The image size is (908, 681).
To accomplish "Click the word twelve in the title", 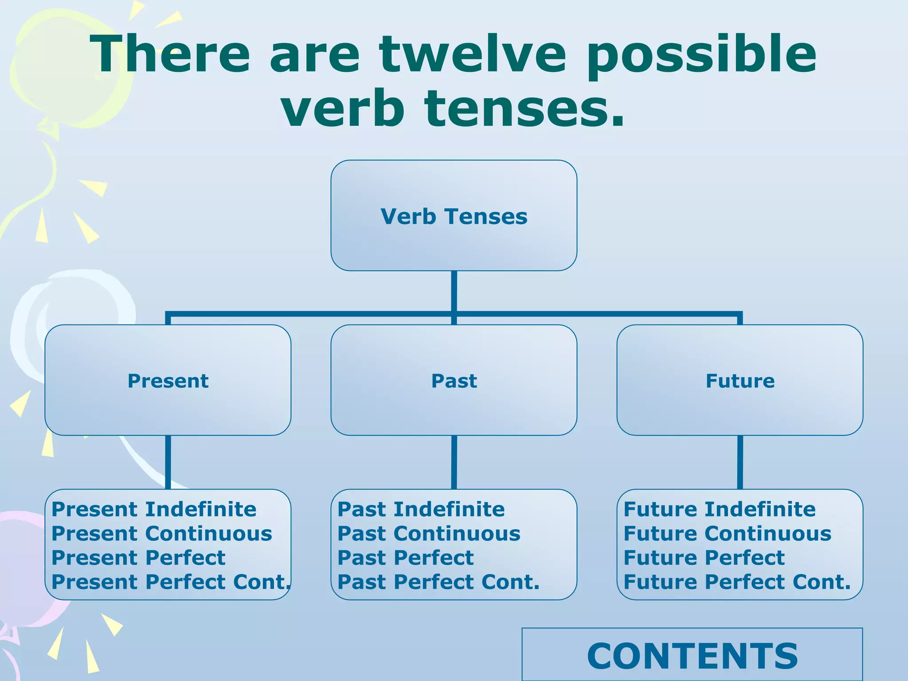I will coord(473,54).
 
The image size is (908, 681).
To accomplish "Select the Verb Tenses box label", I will coord(454,216).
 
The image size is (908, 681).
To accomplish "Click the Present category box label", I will coord(168,381).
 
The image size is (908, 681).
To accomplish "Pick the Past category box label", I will coord(454,381).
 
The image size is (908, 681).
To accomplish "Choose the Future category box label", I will coord(740,381).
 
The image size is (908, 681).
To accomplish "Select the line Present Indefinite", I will coord(154,509).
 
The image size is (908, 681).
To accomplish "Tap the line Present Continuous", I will coord(162,533).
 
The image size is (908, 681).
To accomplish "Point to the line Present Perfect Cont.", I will coord(171,582).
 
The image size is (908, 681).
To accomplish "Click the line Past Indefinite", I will coord(421,509).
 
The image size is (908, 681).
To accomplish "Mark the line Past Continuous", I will coord(429,533).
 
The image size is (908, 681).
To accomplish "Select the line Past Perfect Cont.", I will coord(438,582).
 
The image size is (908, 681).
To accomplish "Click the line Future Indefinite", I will coord(719,509).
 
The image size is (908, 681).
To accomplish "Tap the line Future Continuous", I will coord(727,533).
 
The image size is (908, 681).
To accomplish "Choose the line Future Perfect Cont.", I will coord(737,582).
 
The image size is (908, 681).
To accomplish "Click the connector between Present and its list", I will coord(168,462).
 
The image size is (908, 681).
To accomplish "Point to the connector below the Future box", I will coord(740,462).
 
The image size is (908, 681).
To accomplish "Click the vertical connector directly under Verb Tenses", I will coord(454,290).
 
